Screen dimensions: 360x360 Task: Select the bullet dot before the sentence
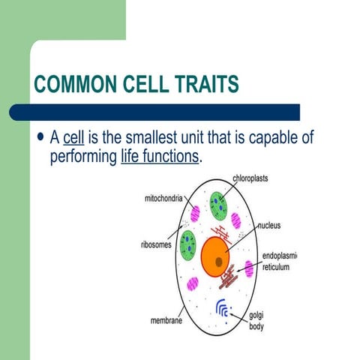pos(40,139)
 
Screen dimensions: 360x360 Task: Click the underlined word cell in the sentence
pos(73,139)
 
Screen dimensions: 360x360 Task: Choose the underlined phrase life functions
pos(160,157)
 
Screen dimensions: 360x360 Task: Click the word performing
pos(82,157)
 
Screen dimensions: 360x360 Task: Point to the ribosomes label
pos(155,244)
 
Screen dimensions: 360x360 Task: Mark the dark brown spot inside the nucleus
pos(218,261)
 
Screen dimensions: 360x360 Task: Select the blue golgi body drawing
pos(223,307)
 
